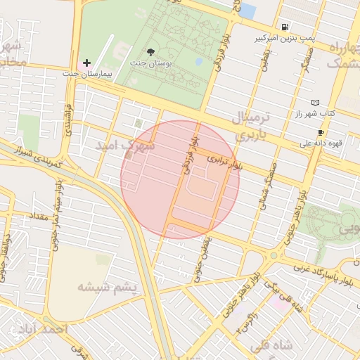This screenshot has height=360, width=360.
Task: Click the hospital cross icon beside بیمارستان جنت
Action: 87,63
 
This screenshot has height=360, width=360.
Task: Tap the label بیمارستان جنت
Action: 88,74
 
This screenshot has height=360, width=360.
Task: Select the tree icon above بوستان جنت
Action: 150,51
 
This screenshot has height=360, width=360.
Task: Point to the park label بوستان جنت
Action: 150,62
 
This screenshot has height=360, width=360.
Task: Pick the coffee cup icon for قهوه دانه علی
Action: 321,133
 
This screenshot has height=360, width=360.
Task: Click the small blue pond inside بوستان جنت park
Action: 199,61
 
